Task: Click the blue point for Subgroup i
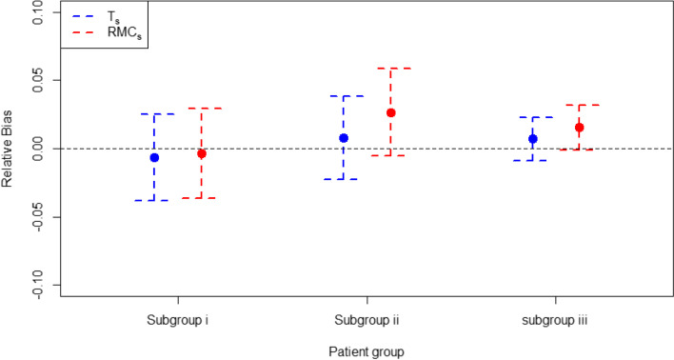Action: coord(154,157)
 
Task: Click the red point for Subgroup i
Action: coord(201,153)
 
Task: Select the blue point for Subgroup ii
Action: coord(344,138)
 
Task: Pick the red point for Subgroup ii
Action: coord(390,112)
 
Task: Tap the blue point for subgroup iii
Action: coord(533,139)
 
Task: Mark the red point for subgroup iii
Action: coord(579,128)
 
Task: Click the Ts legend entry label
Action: coord(111,16)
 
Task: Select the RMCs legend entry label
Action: coord(121,35)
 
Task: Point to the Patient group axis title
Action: coord(367,350)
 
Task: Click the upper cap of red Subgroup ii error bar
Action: coord(390,69)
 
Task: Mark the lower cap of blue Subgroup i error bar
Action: coord(154,200)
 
